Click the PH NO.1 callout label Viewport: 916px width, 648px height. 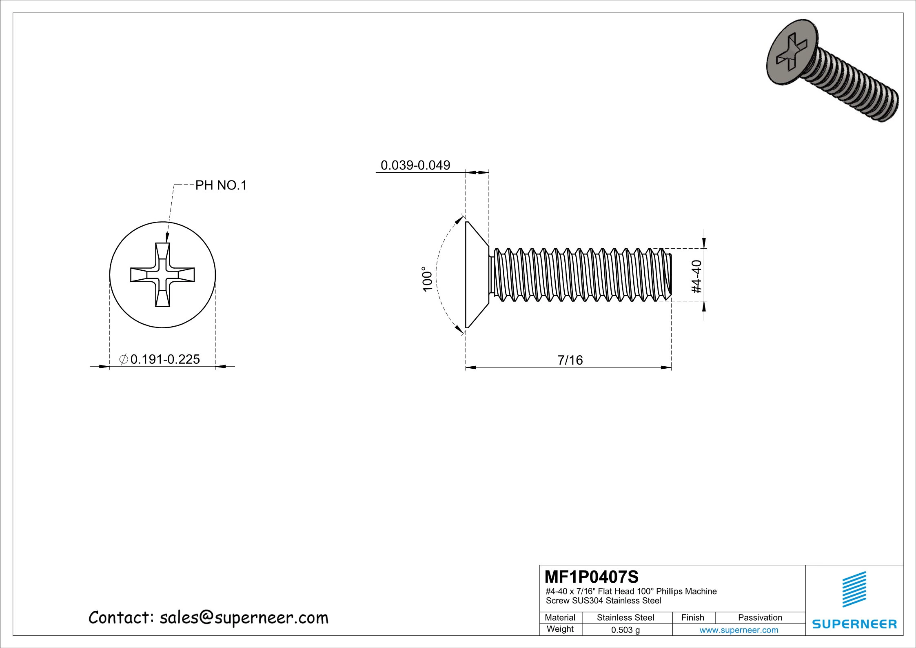click(x=221, y=186)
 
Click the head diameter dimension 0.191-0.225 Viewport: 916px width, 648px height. click(x=165, y=359)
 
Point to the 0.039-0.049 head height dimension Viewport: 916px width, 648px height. click(x=415, y=165)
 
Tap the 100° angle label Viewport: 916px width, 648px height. click(x=427, y=279)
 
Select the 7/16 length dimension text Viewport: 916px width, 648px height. click(x=570, y=360)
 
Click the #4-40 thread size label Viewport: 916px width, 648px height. click(x=697, y=276)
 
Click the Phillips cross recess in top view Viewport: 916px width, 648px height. click(x=162, y=275)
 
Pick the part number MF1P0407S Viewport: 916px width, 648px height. click(x=591, y=577)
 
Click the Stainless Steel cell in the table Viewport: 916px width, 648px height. click(x=625, y=618)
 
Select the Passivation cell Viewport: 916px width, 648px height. click(x=760, y=618)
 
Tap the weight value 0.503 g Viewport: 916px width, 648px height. click(x=625, y=630)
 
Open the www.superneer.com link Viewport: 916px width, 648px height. click(x=739, y=630)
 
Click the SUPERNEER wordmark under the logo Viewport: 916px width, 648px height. click(x=854, y=624)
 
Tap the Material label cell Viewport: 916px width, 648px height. click(x=560, y=618)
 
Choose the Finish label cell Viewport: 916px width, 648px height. click(x=692, y=618)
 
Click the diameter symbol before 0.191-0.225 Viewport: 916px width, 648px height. click(x=124, y=359)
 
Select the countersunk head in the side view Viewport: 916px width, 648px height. click(x=475, y=275)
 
